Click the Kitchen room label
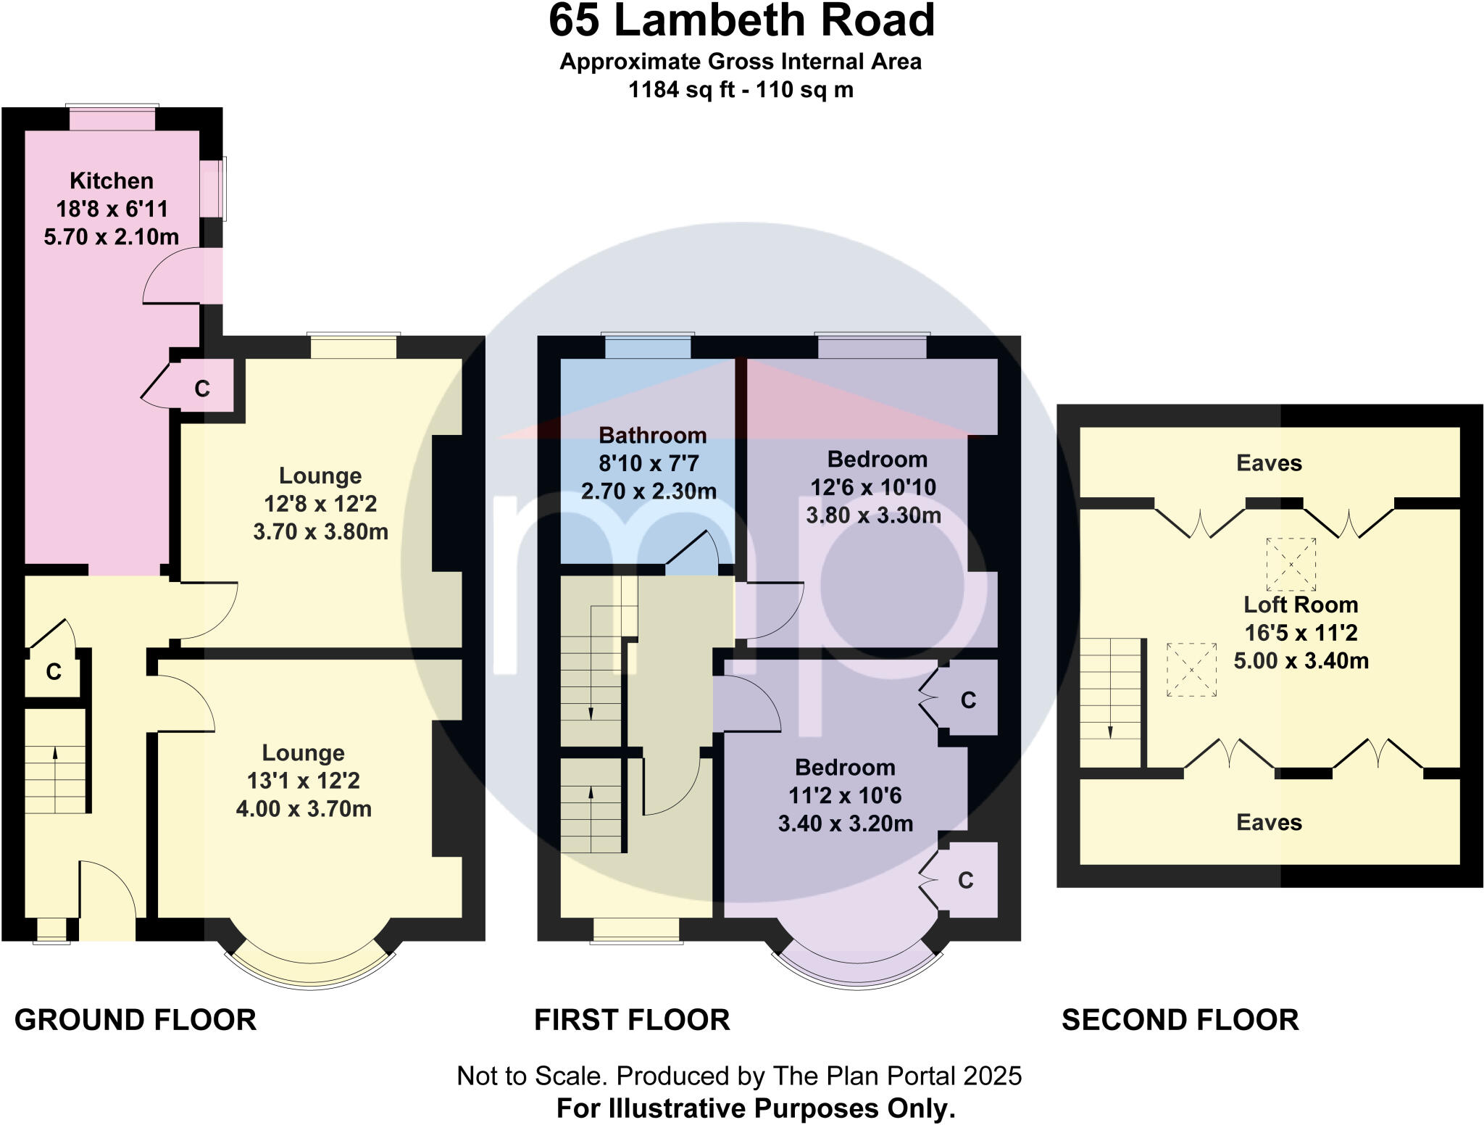click(112, 180)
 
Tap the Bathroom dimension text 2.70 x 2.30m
click(649, 491)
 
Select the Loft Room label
click(1301, 605)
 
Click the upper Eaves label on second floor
click(1269, 463)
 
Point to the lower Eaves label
click(1269, 823)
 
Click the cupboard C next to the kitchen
click(202, 389)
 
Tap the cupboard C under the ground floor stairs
click(54, 672)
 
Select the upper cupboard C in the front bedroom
click(968, 700)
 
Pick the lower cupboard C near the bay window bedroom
click(965, 880)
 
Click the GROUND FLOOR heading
click(136, 1020)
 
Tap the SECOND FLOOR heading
click(1180, 1020)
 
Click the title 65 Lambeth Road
click(741, 21)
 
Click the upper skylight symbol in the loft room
click(1291, 564)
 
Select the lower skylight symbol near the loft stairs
click(1191, 670)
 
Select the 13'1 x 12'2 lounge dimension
click(304, 781)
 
